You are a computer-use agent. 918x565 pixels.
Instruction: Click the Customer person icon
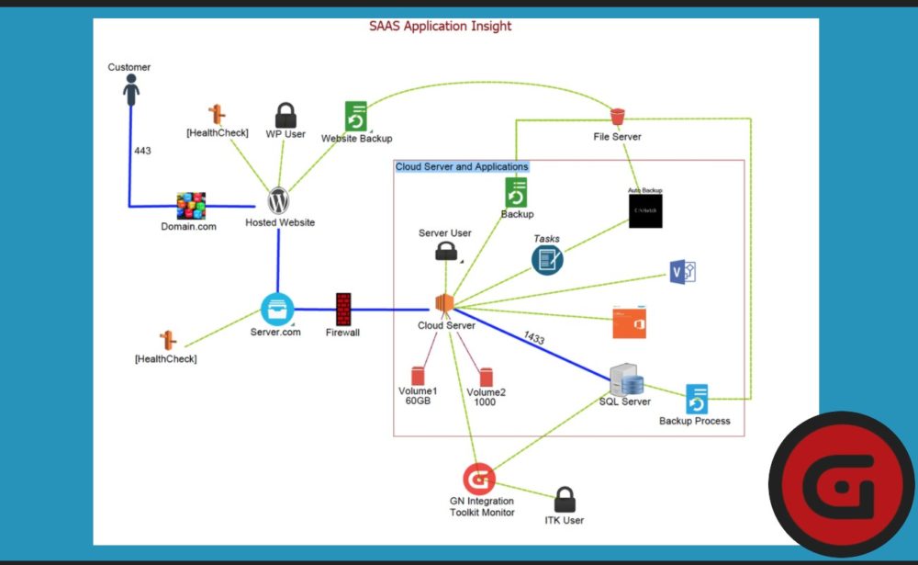click(x=131, y=89)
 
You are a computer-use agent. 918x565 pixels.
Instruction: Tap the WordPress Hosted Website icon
click(x=279, y=200)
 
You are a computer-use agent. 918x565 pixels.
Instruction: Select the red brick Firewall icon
click(x=343, y=309)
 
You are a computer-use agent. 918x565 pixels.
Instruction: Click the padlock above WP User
click(x=285, y=116)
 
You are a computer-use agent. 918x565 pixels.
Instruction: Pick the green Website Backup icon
click(x=356, y=117)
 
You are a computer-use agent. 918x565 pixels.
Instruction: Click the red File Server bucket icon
click(x=617, y=116)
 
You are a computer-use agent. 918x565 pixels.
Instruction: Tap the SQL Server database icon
click(x=626, y=379)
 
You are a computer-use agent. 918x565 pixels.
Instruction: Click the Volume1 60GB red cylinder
click(x=418, y=376)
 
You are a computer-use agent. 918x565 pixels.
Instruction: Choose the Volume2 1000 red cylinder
click(x=486, y=376)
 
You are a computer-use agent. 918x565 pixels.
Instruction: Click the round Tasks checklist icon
click(x=547, y=260)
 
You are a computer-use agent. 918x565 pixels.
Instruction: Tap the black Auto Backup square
click(x=644, y=210)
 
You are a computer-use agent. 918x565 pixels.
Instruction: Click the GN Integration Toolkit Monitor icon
click(x=479, y=479)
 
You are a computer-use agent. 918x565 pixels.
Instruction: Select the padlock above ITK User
click(x=565, y=500)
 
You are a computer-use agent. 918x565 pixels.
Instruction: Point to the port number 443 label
click(x=142, y=151)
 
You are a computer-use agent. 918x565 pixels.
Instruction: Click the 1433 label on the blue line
click(x=534, y=339)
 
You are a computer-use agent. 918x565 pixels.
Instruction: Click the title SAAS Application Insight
click(x=441, y=26)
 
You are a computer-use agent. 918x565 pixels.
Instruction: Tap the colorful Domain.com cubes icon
click(x=191, y=206)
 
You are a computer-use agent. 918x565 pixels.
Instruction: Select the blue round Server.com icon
click(x=276, y=309)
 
